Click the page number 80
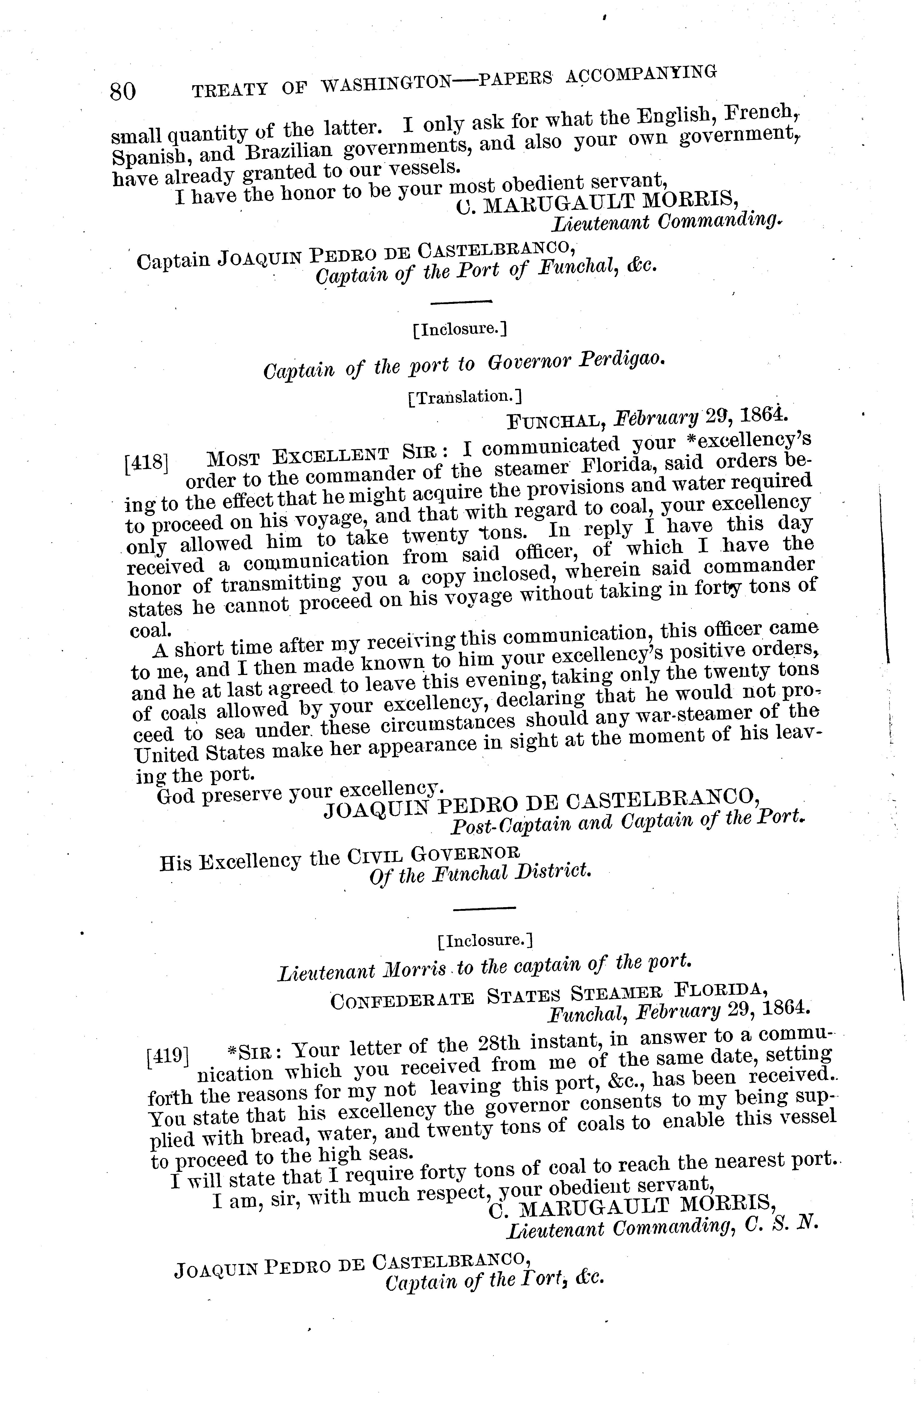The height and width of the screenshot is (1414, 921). (x=123, y=92)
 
